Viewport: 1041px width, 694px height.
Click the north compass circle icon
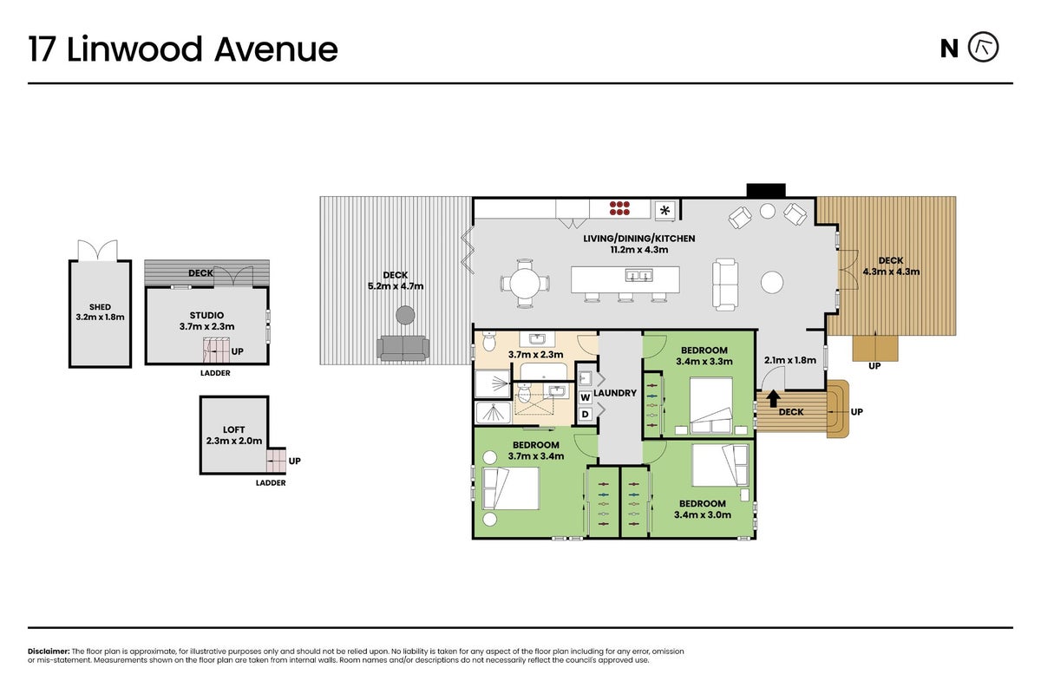pyautogui.click(x=984, y=47)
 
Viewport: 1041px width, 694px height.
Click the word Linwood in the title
pyautogui.click(x=134, y=49)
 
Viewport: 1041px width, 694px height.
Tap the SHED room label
pyautogui.click(x=100, y=307)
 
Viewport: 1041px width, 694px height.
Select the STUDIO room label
pyautogui.click(x=206, y=315)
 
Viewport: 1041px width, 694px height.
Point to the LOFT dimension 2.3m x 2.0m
pyautogui.click(x=233, y=441)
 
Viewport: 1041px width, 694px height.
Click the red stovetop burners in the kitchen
pyautogui.click(x=619, y=208)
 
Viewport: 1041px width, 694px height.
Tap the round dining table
pyautogui.click(x=525, y=283)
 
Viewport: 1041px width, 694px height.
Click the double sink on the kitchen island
pyautogui.click(x=639, y=276)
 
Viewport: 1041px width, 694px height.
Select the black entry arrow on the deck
pyautogui.click(x=773, y=399)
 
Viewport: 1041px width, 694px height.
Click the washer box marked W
pyautogui.click(x=585, y=397)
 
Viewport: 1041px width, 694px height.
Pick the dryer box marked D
pyautogui.click(x=585, y=414)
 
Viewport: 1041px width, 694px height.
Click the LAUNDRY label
pyautogui.click(x=615, y=393)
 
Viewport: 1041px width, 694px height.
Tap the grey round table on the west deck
pyautogui.click(x=405, y=315)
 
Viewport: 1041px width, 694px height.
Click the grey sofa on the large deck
pyautogui.click(x=403, y=348)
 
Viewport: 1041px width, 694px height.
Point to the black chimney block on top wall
pyautogui.click(x=766, y=190)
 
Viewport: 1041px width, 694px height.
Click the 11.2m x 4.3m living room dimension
pyautogui.click(x=639, y=250)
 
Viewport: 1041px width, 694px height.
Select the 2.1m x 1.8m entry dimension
pyautogui.click(x=790, y=360)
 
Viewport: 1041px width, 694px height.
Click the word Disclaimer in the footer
pyautogui.click(x=49, y=651)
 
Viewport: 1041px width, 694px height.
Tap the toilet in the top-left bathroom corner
pyautogui.click(x=489, y=341)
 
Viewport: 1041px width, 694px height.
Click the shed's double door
pyautogui.click(x=97, y=250)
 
